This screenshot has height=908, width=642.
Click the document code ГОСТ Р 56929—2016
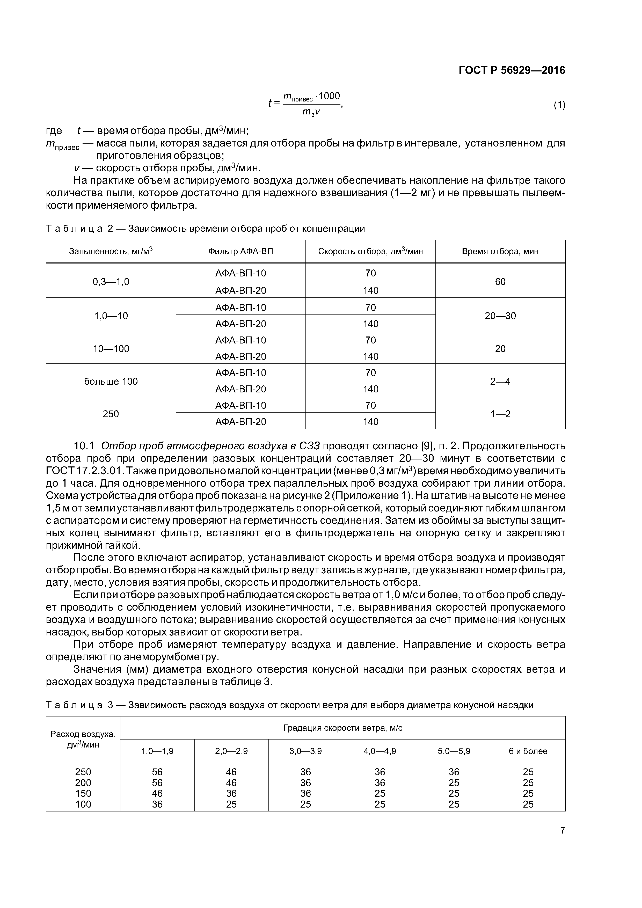point(512,70)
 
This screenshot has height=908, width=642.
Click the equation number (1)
point(559,105)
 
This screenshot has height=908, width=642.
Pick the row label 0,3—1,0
point(111,282)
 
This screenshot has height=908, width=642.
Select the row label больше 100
point(111,381)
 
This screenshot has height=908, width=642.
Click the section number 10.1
point(84,446)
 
